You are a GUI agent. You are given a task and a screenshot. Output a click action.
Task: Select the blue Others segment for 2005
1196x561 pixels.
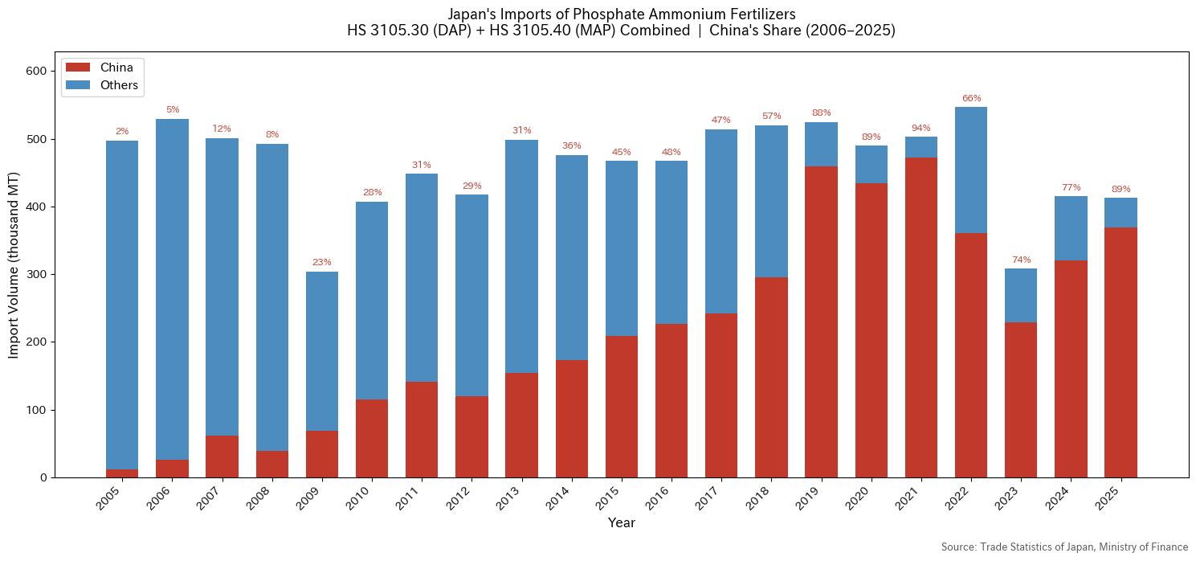click(x=122, y=305)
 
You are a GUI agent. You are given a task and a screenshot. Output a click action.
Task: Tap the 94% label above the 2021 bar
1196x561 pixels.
click(x=921, y=129)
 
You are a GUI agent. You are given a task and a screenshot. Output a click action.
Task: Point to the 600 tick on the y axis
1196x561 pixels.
click(x=37, y=72)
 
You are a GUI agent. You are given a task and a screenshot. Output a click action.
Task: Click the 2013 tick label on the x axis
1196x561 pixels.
click(x=516, y=498)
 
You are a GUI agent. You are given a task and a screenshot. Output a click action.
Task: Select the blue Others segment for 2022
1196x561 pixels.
click(x=971, y=170)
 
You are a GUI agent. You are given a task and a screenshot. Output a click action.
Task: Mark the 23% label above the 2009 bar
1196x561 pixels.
click(x=322, y=263)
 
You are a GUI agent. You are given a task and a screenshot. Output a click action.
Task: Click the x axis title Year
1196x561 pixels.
click(x=621, y=523)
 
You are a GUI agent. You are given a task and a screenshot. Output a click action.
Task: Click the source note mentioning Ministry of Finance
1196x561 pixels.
click(x=1064, y=547)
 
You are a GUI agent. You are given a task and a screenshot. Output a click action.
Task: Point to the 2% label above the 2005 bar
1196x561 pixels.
click(x=122, y=132)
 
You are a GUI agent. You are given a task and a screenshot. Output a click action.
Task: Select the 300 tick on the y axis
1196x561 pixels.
click(x=37, y=275)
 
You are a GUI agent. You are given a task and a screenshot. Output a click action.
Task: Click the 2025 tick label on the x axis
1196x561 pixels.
click(x=1114, y=498)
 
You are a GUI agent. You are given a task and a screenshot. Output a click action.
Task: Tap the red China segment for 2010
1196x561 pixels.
click(x=372, y=438)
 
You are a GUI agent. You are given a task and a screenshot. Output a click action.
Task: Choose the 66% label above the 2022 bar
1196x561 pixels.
click(x=971, y=99)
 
